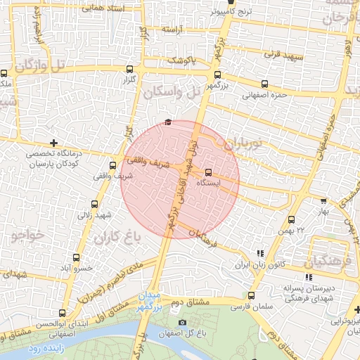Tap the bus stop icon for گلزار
click(x=129, y=69)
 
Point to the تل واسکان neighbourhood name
click(x=172, y=92)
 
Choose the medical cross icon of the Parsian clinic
click(x=53, y=143)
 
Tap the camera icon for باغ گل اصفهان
click(x=183, y=323)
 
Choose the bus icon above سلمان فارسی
click(x=251, y=295)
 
